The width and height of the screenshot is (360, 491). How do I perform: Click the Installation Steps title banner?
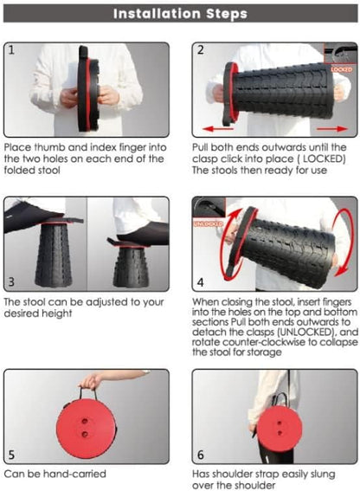click(x=180, y=14)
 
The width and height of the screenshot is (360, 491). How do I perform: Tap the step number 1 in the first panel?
click(x=11, y=50)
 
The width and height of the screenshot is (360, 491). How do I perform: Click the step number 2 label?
click(x=201, y=50)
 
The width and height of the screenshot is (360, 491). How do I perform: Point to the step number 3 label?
click(x=11, y=281)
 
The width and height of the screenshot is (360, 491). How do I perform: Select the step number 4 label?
click(x=201, y=282)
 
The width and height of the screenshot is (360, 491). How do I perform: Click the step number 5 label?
click(x=11, y=455)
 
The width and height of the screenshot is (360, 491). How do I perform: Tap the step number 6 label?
click(x=201, y=455)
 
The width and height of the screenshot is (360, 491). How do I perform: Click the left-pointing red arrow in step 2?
click(x=218, y=129)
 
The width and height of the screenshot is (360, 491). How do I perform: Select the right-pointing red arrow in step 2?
click(x=332, y=129)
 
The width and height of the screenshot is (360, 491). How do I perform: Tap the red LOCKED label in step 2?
click(x=341, y=69)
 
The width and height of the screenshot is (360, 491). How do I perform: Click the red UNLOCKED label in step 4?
click(x=209, y=224)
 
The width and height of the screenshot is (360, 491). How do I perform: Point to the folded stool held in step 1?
click(x=88, y=89)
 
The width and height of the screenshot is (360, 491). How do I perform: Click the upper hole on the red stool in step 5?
click(x=84, y=421)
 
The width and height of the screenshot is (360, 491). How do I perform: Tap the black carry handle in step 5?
click(x=87, y=393)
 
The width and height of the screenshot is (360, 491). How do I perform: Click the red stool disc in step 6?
click(x=280, y=428)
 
